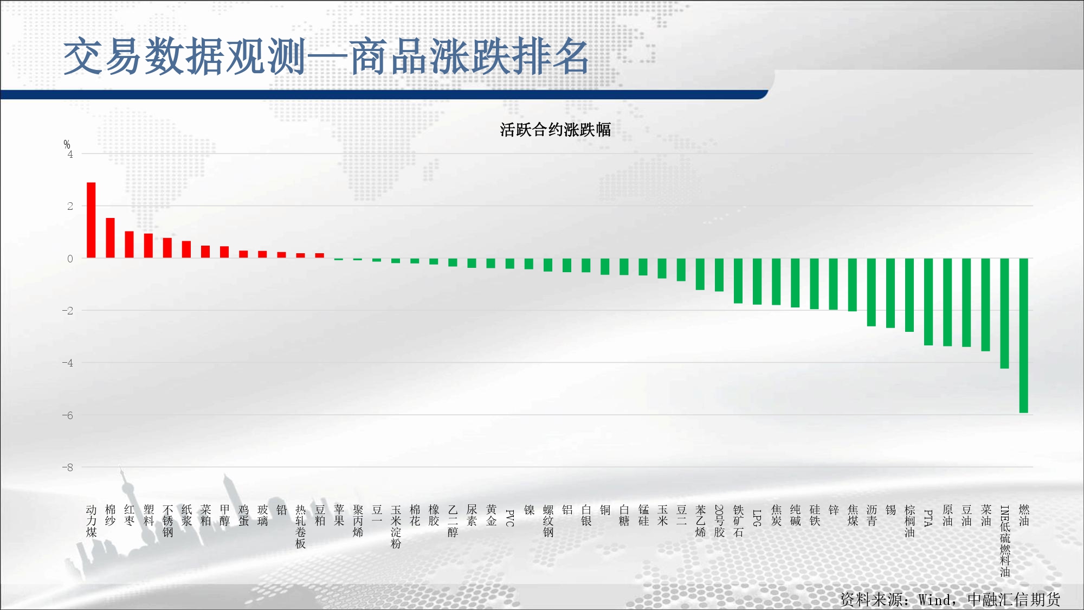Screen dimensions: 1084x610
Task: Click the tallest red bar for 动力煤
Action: coord(91,220)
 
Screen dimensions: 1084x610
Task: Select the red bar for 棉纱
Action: coord(110,238)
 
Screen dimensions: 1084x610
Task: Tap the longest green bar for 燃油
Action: coord(1024,336)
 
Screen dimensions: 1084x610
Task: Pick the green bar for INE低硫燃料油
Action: coord(1004,313)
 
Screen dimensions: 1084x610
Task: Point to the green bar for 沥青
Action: coord(872,292)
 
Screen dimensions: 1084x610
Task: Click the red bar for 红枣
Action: coord(129,245)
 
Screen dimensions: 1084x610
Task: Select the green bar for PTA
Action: coord(928,302)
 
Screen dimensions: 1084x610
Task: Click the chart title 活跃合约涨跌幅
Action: coord(555,130)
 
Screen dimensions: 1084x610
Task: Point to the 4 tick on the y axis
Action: coord(70,155)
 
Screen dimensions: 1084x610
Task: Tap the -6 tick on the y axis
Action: coord(68,415)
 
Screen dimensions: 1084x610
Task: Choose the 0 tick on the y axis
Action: coord(70,259)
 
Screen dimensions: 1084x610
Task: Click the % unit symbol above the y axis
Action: coord(67,144)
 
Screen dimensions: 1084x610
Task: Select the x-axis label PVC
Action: coord(510,518)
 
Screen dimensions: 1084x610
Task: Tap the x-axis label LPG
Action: coord(757,518)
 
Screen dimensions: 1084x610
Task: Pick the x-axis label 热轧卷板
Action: coord(301,526)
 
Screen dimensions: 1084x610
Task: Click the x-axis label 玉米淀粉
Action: coord(396,526)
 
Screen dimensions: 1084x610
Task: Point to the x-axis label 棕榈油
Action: coord(909,521)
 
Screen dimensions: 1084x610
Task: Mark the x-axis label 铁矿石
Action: coord(738,521)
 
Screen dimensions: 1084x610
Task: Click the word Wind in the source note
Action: coord(934,600)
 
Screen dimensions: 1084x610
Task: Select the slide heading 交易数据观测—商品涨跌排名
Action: coord(326,56)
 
